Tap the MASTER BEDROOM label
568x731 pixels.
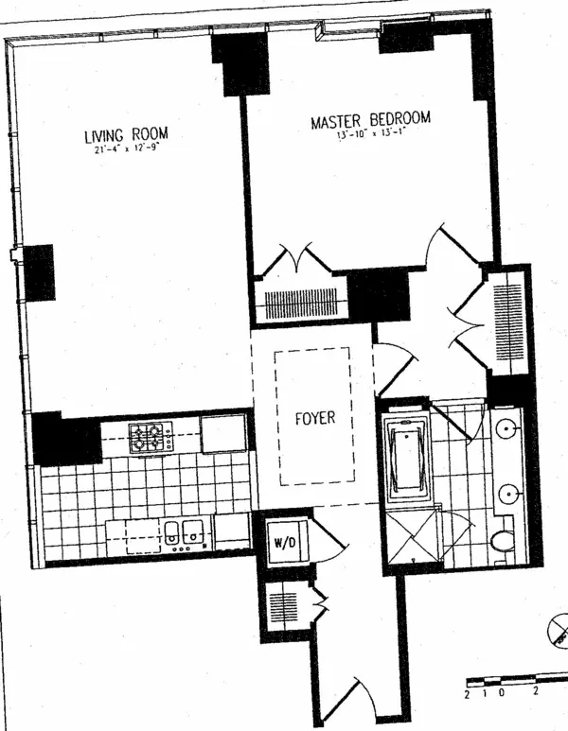point(371,120)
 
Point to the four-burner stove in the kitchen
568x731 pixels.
point(150,436)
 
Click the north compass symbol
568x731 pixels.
point(557,628)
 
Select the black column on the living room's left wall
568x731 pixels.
point(40,272)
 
